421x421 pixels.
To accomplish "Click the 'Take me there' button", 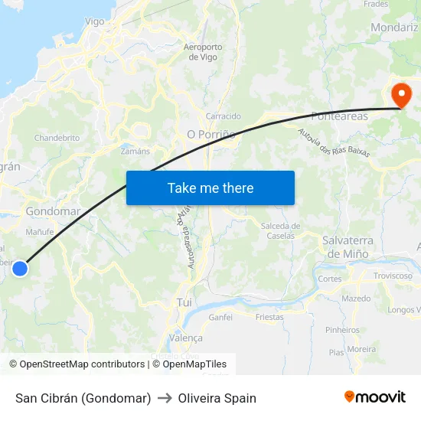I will point(210,188).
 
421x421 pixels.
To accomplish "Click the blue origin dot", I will point(21,268).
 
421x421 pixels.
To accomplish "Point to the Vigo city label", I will point(95,21).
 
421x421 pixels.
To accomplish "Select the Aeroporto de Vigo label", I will point(203,52).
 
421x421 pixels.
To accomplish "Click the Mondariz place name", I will point(393,27).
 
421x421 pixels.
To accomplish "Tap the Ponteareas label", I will point(339,116).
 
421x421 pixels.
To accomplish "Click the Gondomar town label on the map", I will point(53,211).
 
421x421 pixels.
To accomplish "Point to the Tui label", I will point(184,302).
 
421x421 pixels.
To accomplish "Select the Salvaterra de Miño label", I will point(348,246).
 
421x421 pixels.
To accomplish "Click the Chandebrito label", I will point(57,139).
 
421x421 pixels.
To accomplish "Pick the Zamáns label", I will point(135,152).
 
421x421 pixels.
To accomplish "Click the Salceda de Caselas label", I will point(280,230).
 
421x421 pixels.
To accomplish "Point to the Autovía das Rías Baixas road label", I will point(334,143).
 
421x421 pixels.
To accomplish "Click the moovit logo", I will point(375,397).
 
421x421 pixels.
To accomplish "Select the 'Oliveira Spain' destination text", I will point(217,398).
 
